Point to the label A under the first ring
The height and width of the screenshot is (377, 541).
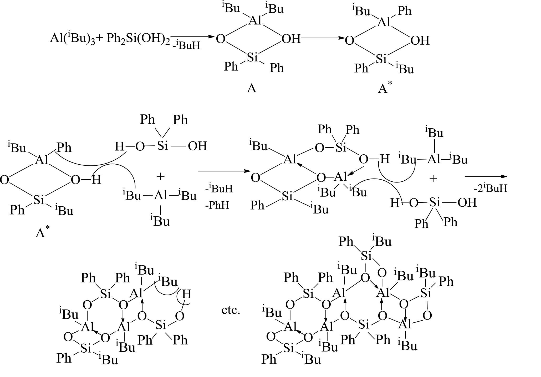coord(252,88)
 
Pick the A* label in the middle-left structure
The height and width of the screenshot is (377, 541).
coord(42,232)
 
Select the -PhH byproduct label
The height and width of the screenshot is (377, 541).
coord(217,205)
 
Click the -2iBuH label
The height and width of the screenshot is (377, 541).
coord(490,188)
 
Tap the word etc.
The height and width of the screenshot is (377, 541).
coord(231,310)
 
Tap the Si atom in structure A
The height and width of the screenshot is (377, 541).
coord(252,57)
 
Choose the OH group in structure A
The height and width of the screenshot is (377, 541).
coord(291,39)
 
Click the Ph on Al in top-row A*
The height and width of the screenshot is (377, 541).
coord(404,11)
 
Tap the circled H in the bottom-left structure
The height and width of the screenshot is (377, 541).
coord(186,294)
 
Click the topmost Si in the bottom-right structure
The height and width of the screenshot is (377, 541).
coord(366,256)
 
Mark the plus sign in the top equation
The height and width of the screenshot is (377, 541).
coord(99,39)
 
